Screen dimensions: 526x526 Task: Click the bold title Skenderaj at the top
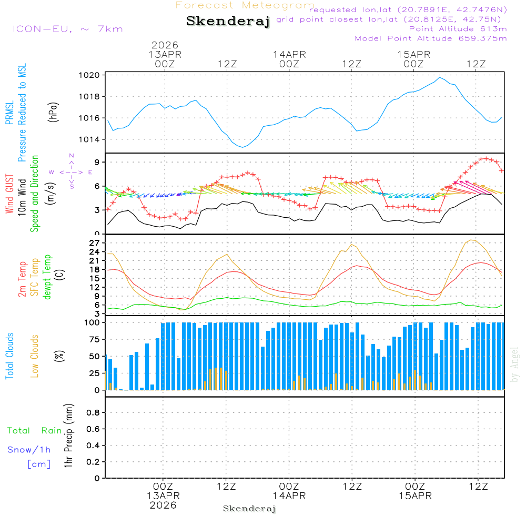click(x=228, y=21)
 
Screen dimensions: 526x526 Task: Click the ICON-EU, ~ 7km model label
click(x=67, y=29)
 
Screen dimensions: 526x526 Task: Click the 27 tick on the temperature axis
click(x=95, y=243)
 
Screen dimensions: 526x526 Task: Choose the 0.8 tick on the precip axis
click(x=93, y=413)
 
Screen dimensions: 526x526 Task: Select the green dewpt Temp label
click(x=48, y=277)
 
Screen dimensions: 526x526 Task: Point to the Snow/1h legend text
click(x=29, y=450)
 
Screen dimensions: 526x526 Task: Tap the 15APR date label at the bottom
click(x=414, y=495)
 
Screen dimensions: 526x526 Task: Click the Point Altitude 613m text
click(x=458, y=28)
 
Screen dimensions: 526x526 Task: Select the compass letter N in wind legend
click(x=72, y=156)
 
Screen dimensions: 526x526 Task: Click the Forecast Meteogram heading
click(x=245, y=5)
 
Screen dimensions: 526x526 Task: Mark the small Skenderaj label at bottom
click(x=249, y=509)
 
